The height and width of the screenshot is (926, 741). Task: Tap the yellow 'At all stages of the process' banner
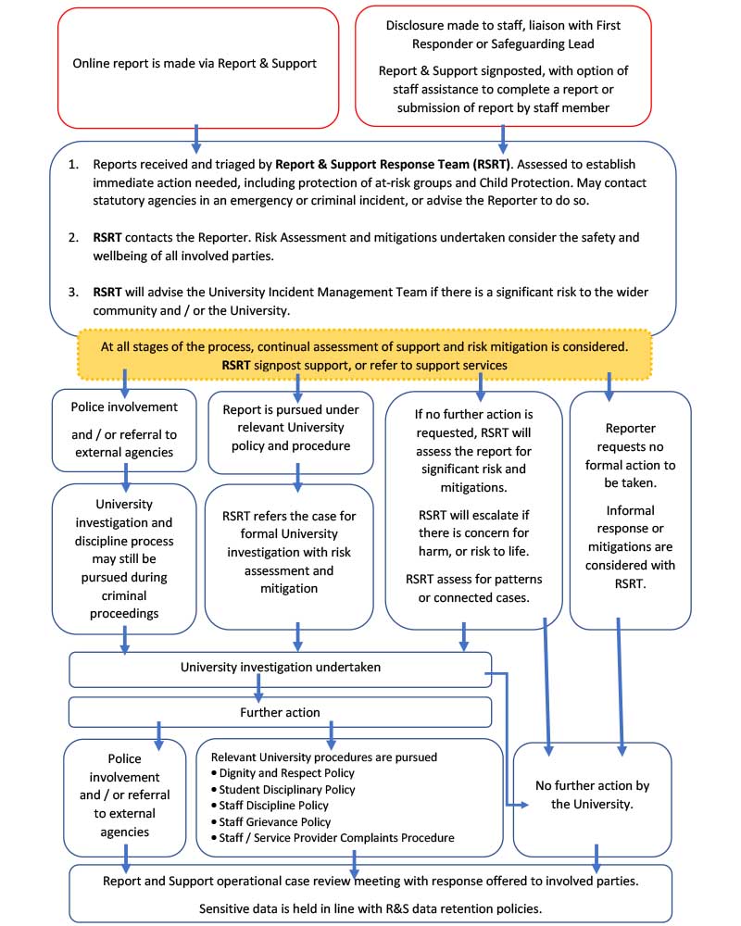[365, 355]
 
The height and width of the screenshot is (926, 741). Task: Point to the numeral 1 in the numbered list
[73, 164]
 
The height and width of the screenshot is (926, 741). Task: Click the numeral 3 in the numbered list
[73, 291]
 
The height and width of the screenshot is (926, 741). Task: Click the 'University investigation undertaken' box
[280, 667]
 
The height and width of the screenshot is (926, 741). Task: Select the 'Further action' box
[280, 712]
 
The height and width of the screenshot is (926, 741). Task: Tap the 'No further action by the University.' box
[592, 795]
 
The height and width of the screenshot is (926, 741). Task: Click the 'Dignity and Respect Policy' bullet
[286, 773]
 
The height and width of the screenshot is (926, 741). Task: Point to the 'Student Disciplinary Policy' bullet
[287, 790]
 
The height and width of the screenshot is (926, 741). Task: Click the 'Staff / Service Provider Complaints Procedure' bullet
[337, 838]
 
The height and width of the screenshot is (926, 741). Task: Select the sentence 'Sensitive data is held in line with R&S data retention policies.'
[370, 909]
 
